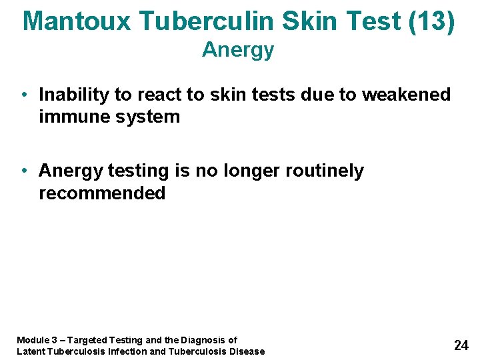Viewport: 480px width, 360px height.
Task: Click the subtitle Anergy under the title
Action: click(x=238, y=50)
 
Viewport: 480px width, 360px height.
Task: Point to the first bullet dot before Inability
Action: click(x=23, y=95)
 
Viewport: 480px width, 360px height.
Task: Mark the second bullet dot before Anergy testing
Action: click(x=23, y=171)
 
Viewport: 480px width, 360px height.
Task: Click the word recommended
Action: click(x=102, y=193)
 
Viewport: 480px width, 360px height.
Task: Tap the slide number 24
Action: click(x=461, y=345)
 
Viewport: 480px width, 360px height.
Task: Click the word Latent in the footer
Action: click(x=30, y=351)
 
